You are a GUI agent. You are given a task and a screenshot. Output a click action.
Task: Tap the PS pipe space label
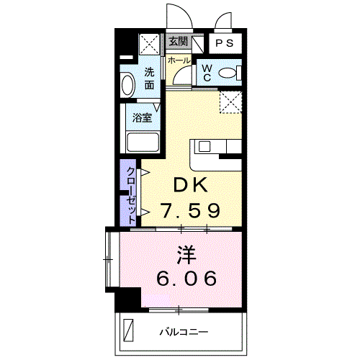[x=225, y=42]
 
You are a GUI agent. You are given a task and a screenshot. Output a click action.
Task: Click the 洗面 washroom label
[x=149, y=78]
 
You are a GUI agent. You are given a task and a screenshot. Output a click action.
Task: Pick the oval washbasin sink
[x=127, y=86]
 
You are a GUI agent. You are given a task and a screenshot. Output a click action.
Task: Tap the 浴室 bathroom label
[x=141, y=115]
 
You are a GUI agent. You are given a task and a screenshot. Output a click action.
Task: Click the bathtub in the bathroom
[x=143, y=142]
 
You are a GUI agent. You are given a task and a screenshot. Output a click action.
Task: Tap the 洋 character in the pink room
[x=186, y=253]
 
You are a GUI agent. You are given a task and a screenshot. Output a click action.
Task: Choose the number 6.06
[x=186, y=278]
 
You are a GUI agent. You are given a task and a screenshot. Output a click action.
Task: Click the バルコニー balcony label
[x=184, y=332]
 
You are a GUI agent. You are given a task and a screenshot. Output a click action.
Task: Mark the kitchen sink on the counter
[x=204, y=147]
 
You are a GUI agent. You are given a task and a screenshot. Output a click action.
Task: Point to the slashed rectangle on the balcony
[x=129, y=330]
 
